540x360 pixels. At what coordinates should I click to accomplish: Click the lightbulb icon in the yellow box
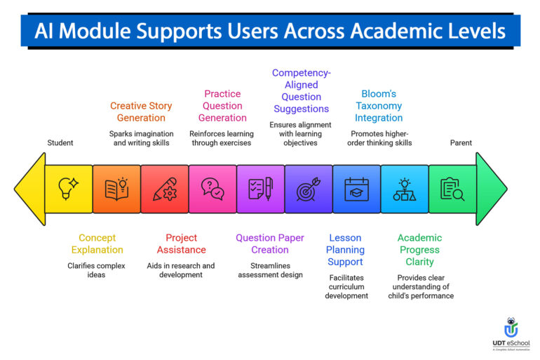[x=69, y=189]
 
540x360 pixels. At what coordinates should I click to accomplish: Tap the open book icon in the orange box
[x=116, y=189]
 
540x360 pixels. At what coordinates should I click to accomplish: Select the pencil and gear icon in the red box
[x=165, y=189]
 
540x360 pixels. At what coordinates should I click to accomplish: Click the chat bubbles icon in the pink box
[x=212, y=189]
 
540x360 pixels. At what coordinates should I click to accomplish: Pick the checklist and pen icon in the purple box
[x=260, y=189]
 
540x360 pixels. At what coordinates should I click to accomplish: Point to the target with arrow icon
[x=308, y=189]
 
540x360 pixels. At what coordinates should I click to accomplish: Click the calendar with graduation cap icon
[x=356, y=189]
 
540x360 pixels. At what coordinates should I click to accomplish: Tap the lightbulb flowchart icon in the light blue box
[x=404, y=189]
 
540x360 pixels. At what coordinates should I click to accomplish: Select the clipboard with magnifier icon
[x=452, y=189]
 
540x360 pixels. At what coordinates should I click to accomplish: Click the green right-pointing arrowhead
[x=490, y=189]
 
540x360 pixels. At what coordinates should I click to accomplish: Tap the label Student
[x=60, y=143]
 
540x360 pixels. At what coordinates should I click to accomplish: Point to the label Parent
[x=461, y=143]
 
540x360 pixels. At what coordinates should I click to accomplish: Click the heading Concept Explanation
[x=97, y=244]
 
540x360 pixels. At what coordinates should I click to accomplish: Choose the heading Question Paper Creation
[x=270, y=244]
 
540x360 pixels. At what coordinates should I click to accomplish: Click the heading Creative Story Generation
[x=142, y=112]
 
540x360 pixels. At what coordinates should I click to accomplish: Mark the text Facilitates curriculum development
[x=346, y=286]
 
